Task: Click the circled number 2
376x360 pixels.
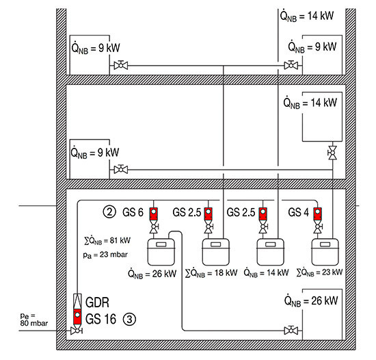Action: tap(109, 212)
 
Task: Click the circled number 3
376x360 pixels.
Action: tap(129, 319)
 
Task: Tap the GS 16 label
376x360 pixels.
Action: tap(100, 319)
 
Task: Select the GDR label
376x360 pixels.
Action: tap(97, 303)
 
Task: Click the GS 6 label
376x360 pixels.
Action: tap(133, 212)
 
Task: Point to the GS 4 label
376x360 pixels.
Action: tap(298, 212)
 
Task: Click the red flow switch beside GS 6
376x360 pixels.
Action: tap(154, 214)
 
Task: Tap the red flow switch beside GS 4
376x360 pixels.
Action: tap(318, 214)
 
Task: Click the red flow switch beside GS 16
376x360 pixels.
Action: tap(77, 317)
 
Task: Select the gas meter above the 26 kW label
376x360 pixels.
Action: tap(161, 252)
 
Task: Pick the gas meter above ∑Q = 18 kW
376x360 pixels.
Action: tap(216, 252)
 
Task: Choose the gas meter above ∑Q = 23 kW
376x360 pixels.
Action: tap(325, 252)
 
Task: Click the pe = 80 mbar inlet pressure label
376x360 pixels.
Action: tap(33, 320)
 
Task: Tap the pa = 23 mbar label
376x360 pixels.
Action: tap(105, 255)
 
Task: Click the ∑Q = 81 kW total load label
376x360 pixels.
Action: tap(107, 240)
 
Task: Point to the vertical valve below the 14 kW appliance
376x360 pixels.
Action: tap(333, 153)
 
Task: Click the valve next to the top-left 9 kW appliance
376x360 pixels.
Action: tap(121, 65)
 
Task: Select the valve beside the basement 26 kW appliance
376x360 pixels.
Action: tap(291, 331)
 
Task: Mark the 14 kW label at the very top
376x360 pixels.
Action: tap(307, 16)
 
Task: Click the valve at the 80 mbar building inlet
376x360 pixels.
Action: tap(77, 331)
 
